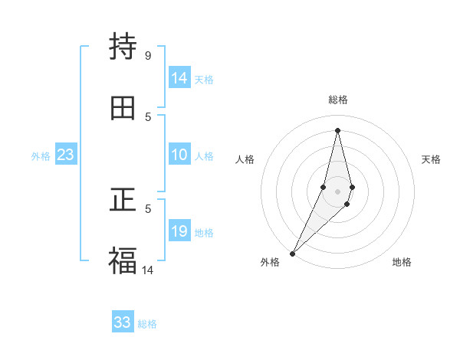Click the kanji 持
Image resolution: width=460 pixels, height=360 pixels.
(x=123, y=47)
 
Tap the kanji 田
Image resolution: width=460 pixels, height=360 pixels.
(x=123, y=108)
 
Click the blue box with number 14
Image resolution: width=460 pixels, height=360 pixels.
(x=179, y=78)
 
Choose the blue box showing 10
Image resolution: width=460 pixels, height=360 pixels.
(x=179, y=155)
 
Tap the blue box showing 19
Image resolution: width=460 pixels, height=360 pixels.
(x=179, y=231)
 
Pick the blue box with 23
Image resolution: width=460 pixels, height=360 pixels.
(x=65, y=155)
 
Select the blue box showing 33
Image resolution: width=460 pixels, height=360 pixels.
(x=123, y=322)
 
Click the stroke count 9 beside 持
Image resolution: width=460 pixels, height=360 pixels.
(x=147, y=55)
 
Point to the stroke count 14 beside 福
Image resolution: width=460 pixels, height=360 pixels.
(x=148, y=270)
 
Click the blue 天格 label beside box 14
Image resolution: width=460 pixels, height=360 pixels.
(x=204, y=80)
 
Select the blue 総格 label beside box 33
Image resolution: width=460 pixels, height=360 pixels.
(x=147, y=324)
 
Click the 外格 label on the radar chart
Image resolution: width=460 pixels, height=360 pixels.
(x=270, y=262)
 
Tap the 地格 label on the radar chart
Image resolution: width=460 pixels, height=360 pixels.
(x=402, y=262)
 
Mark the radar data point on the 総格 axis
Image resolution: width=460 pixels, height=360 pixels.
(x=337, y=129)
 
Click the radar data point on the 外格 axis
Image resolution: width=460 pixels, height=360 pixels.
(x=292, y=253)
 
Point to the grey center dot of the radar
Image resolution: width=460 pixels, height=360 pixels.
(x=337, y=191)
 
